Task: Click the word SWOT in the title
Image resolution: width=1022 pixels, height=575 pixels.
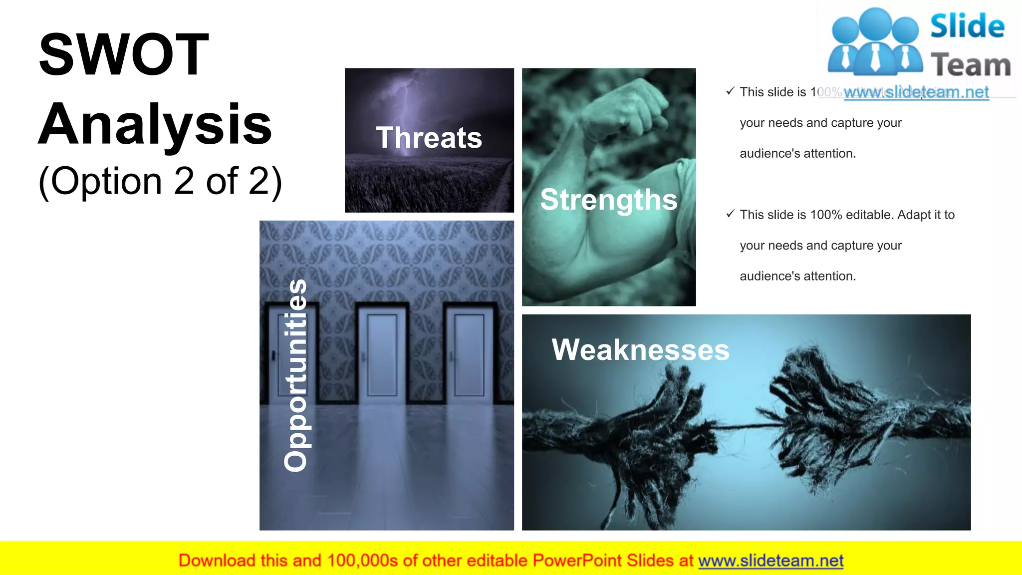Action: click(124, 54)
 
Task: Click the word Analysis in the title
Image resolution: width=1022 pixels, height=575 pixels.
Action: click(155, 124)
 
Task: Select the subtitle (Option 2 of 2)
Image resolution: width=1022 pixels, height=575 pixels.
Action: click(160, 181)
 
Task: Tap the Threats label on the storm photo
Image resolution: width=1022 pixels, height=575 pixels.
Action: click(429, 138)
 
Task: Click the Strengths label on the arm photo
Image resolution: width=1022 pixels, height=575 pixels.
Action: click(608, 200)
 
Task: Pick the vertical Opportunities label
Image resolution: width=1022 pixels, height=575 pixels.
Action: click(295, 375)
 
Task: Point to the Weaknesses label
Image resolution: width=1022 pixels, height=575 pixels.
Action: click(640, 349)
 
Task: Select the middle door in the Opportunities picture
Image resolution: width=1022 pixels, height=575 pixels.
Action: click(382, 354)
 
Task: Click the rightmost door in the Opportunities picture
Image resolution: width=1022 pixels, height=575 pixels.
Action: click(469, 354)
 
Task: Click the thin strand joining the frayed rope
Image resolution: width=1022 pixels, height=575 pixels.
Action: click(744, 426)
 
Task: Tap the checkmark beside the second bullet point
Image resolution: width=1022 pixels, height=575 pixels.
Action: click(731, 214)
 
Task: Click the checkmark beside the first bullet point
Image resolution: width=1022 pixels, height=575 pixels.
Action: click(731, 91)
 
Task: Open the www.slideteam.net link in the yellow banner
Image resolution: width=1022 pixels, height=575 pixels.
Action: click(770, 561)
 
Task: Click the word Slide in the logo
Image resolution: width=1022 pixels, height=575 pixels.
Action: click(967, 26)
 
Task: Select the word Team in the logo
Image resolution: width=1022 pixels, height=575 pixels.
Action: click(971, 65)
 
